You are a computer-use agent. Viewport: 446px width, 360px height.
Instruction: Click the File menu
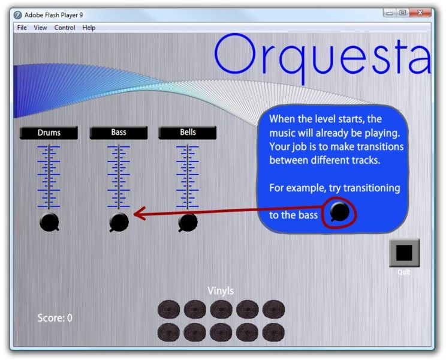tap(22, 28)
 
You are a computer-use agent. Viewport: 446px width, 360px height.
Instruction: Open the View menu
tap(40, 28)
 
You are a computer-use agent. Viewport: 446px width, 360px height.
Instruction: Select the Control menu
tap(65, 28)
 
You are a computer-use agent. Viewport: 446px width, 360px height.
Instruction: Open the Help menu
tap(89, 28)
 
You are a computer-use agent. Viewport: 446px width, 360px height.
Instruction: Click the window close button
tap(420, 13)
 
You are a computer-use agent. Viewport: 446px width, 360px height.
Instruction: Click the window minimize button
tap(390, 13)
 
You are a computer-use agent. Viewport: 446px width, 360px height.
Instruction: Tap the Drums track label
tap(49, 133)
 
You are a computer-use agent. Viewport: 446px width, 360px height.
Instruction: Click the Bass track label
tap(119, 133)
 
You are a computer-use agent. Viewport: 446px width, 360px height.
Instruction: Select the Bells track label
tap(188, 133)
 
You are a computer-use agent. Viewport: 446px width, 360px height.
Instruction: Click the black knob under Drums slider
tap(50, 222)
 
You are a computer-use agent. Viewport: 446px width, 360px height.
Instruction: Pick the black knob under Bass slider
tap(119, 222)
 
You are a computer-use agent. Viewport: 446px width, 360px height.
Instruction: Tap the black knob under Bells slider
tap(188, 223)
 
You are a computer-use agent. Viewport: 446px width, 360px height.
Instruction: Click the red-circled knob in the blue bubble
tap(340, 212)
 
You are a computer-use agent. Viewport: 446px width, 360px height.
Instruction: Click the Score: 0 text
tap(55, 318)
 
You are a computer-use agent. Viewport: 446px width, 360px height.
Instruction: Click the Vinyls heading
tap(221, 291)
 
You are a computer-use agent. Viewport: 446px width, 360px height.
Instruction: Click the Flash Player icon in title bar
tap(17, 15)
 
